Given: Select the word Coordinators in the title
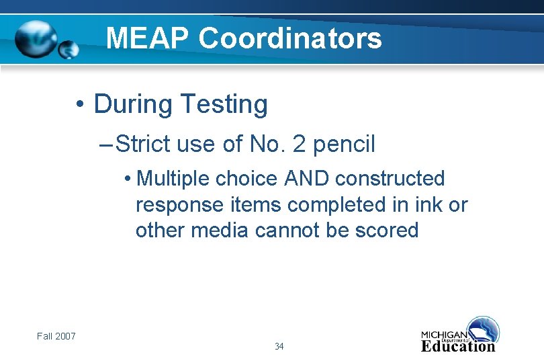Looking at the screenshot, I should (x=290, y=38).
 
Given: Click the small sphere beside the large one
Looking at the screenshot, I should (x=69, y=50).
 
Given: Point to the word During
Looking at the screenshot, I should (x=132, y=104).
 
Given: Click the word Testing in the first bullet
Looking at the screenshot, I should (x=224, y=105).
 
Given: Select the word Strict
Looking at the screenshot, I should (x=144, y=144).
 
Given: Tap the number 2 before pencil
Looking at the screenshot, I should (x=300, y=144).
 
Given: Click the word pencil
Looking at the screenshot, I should (x=345, y=145).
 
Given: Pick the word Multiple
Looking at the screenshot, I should (x=173, y=179).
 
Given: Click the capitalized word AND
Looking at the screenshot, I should (x=306, y=179).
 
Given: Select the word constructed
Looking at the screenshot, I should (x=390, y=179).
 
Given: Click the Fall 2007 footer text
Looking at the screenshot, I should (x=56, y=335).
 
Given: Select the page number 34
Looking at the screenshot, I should (x=279, y=346).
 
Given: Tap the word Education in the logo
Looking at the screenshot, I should (x=458, y=347).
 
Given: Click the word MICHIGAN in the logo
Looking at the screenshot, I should (x=443, y=335).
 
